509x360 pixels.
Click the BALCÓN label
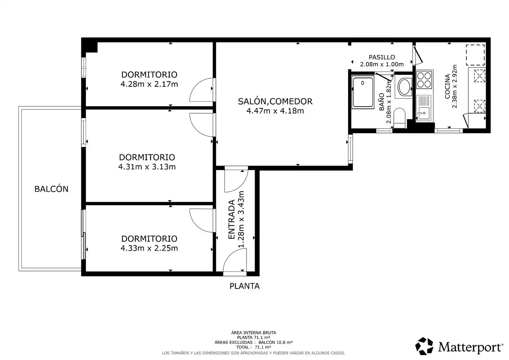pyautogui.click(x=51, y=189)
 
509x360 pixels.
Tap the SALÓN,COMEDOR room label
pyautogui.click(x=275, y=101)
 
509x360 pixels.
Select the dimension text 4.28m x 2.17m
pyautogui.click(x=149, y=84)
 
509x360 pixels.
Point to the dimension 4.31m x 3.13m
pyautogui.click(x=147, y=167)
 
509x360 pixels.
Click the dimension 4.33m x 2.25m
pyautogui.click(x=149, y=248)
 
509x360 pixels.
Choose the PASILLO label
pyautogui.click(x=382, y=57)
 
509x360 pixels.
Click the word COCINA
pyautogui.click(x=447, y=86)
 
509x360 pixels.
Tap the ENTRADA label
pyautogui.click(x=231, y=219)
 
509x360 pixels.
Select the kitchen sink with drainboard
pyautogui.click(x=424, y=108)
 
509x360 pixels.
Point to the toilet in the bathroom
pyautogui.click(x=399, y=118)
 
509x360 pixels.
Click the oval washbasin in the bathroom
pyautogui.click(x=404, y=87)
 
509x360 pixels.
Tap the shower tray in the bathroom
pyautogui.click(x=363, y=92)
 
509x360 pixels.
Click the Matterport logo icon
pyautogui.click(x=424, y=346)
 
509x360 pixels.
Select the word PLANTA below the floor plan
pyautogui.click(x=245, y=286)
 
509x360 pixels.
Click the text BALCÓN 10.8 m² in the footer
pyautogui.click(x=275, y=342)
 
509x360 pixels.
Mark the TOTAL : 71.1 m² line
pyautogui.click(x=254, y=347)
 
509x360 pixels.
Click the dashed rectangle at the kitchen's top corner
pyautogui.click(x=475, y=55)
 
